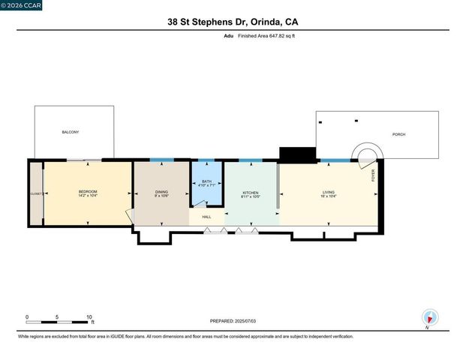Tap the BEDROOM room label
pyautogui.click(x=88, y=192)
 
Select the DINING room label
pyautogui.click(x=161, y=192)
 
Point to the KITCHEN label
pyautogui.click(x=251, y=192)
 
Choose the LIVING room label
pyautogui.click(x=329, y=192)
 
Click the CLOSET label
pyautogui.click(x=36, y=193)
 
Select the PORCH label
pyautogui.click(x=398, y=134)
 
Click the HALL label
pyautogui.click(x=206, y=217)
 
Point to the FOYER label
pyautogui.click(x=373, y=175)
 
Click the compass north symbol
pyautogui.click(x=429, y=317)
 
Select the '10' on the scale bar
pyautogui.click(x=89, y=317)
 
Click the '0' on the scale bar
pyautogui.click(x=28, y=317)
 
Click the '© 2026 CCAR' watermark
pyautogui.click(x=22, y=5)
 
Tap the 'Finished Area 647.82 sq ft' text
pyautogui.click(x=267, y=35)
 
